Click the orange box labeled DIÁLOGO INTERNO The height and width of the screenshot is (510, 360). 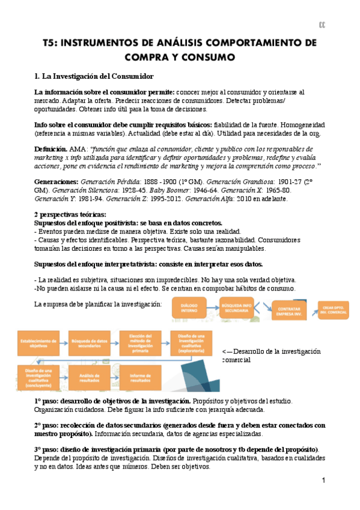[x=189, y=309]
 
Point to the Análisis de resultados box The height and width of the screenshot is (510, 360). [x=88, y=377]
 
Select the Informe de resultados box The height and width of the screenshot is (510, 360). [x=139, y=377]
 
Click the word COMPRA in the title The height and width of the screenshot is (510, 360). [x=152, y=58]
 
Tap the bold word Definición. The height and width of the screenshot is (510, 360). [x=50, y=148]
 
